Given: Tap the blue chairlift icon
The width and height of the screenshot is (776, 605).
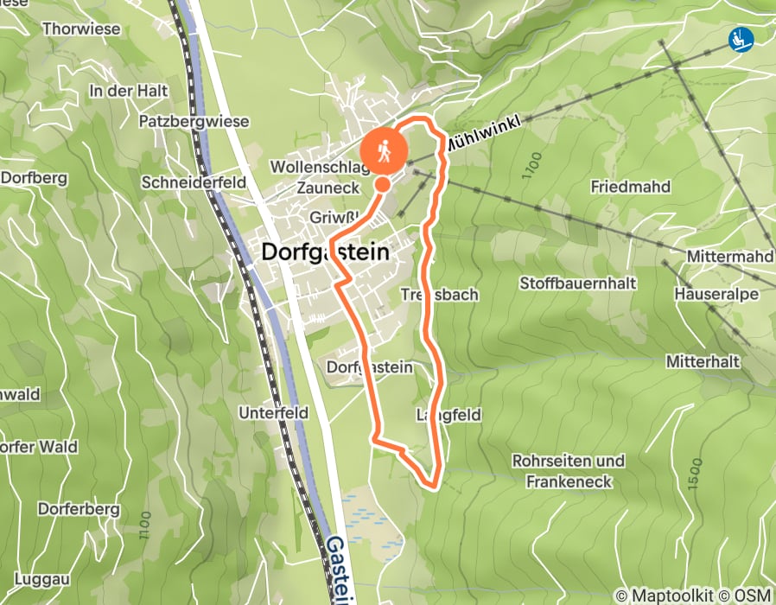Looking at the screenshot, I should (741, 38).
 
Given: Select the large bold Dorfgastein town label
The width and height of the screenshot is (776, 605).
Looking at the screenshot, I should (324, 252).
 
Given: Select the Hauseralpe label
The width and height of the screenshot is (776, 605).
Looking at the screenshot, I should (718, 295).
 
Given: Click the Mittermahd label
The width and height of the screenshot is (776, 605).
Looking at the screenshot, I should (729, 257).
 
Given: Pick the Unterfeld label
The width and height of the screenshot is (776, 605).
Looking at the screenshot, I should (274, 413).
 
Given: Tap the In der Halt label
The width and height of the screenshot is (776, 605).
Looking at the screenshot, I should (128, 90).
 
